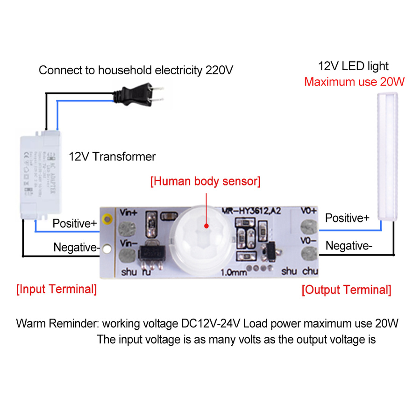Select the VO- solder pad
click(307, 254)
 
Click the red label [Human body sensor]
click(205, 181)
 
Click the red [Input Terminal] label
click(57, 289)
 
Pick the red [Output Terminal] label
click(346, 290)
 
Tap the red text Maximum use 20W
click(354, 82)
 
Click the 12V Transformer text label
click(112, 156)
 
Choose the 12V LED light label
click(353, 66)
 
